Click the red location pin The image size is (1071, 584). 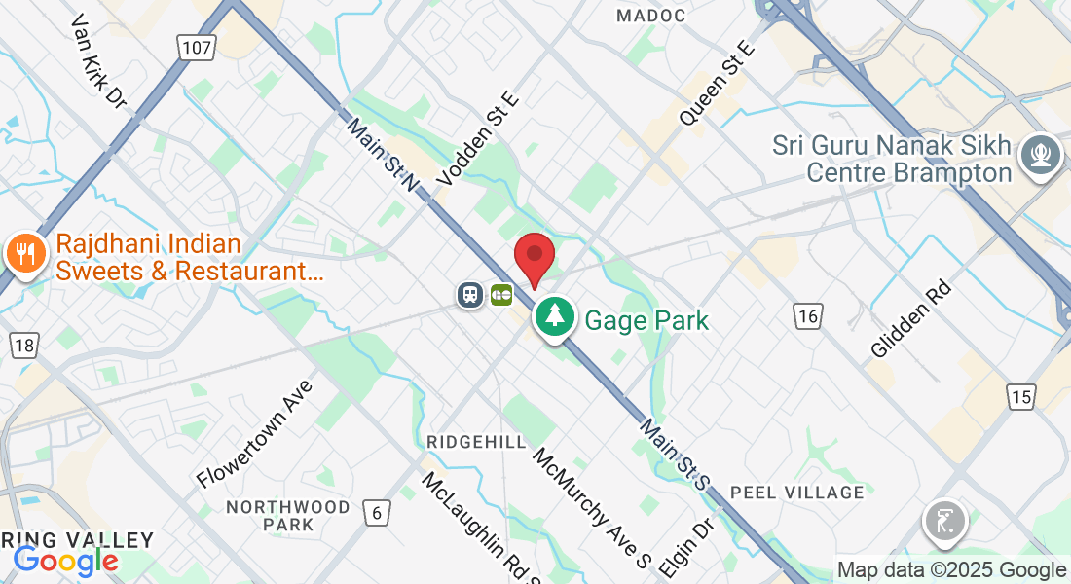click(535, 258)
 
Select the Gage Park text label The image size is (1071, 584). click(646, 319)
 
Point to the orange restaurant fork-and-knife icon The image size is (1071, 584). click(24, 255)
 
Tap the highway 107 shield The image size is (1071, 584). click(196, 46)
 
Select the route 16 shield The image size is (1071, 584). click(807, 315)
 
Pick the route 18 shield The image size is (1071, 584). click(24, 345)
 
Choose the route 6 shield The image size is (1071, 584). click(376, 510)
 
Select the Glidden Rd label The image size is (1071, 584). click(911, 320)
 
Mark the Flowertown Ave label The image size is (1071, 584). click(255, 434)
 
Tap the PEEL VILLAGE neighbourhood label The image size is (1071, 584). click(796, 492)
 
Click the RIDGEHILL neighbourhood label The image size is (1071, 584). click(476, 442)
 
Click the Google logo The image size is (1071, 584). click(65, 561)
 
